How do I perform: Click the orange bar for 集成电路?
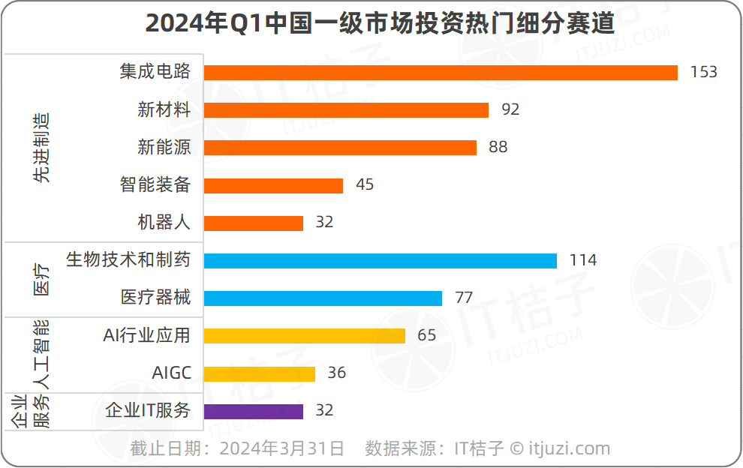tap(441, 72)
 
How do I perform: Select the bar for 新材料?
tap(346, 110)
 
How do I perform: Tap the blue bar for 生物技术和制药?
tap(380, 260)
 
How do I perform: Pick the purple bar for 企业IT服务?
tap(253, 411)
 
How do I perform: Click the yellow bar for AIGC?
tap(259, 373)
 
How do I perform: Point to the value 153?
tap(704, 72)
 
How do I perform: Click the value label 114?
tap(582, 260)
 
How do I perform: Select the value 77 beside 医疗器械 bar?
tap(464, 298)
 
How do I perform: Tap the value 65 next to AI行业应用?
tap(426, 335)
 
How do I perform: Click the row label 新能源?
tap(164, 148)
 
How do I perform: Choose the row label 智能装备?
tap(155, 184)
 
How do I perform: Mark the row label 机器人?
tap(164, 223)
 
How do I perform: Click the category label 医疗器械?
tap(155, 298)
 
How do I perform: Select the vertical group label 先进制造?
tap(42, 148)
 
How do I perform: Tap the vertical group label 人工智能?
tap(42, 354)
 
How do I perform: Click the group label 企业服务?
tap(32, 411)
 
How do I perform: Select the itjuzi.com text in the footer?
tap(570, 449)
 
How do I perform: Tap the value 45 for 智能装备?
tap(365, 184)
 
